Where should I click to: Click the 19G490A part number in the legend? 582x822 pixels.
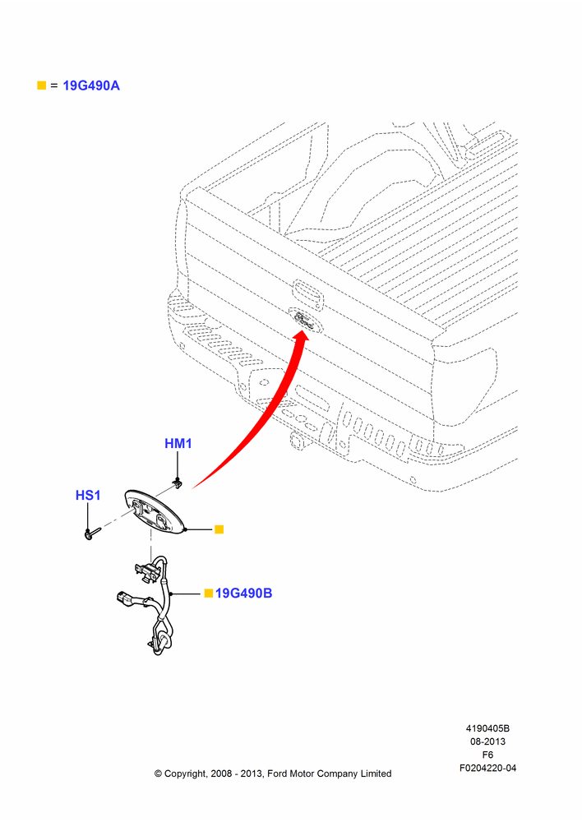[91, 85]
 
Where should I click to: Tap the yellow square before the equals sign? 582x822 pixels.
[41, 85]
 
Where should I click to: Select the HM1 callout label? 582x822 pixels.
[178, 444]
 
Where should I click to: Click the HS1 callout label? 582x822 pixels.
[88, 496]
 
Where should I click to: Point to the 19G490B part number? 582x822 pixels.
[244, 593]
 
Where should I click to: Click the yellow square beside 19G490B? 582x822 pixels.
[209, 593]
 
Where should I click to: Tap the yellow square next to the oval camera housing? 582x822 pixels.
[219, 529]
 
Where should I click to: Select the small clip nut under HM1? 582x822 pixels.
[178, 483]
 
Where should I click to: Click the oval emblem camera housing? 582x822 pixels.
[155, 513]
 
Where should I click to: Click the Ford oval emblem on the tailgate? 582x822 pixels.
[304, 321]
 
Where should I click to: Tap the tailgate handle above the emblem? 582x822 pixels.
[308, 292]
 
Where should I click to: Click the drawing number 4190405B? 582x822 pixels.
[487, 728]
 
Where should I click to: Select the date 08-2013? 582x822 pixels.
[487, 741]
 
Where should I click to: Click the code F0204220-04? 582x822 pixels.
[487, 768]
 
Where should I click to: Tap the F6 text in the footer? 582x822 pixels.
[487, 755]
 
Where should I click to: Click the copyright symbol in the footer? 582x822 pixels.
[158, 774]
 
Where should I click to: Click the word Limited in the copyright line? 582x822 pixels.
[376, 774]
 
